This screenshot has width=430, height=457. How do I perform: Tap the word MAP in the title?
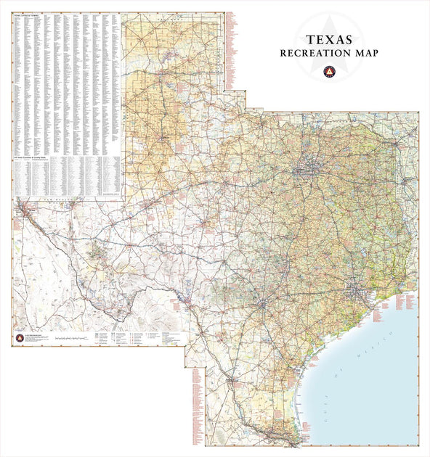click(x=365, y=53)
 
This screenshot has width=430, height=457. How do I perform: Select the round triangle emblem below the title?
click(x=330, y=71)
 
